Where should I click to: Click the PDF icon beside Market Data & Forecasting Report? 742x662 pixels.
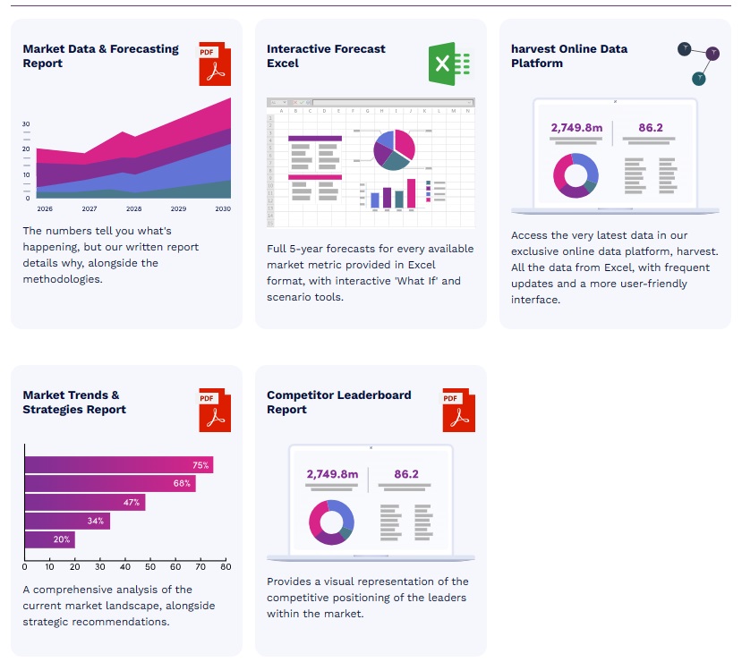[x=214, y=64]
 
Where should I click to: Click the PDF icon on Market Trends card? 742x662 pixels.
[x=214, y=410]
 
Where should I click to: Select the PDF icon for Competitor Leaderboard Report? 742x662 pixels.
[x=458, y=410]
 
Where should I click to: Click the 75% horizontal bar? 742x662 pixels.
[x=118, y=465]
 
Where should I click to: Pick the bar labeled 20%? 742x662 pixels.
[x=49, y=539]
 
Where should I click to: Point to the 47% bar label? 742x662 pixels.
[x=132, y=503]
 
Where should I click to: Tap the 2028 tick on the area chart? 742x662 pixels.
[x=134, y=208]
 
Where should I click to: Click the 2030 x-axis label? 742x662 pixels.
[x=223, y=208]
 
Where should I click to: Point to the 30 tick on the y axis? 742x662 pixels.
[x=26, y=123]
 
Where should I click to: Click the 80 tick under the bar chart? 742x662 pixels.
[x=226, y=566]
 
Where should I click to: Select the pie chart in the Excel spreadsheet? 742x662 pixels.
[x=394, y=149]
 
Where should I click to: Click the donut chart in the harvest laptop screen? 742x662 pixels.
[x=576, y=175]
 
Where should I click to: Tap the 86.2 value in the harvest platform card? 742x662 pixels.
[x=651, y=128]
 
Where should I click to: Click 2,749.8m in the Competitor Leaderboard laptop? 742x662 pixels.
[x=332, y=474]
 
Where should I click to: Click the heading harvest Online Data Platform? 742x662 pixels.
[x=569, y=56]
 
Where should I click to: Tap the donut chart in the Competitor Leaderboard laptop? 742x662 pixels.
[x=331, y=522]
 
